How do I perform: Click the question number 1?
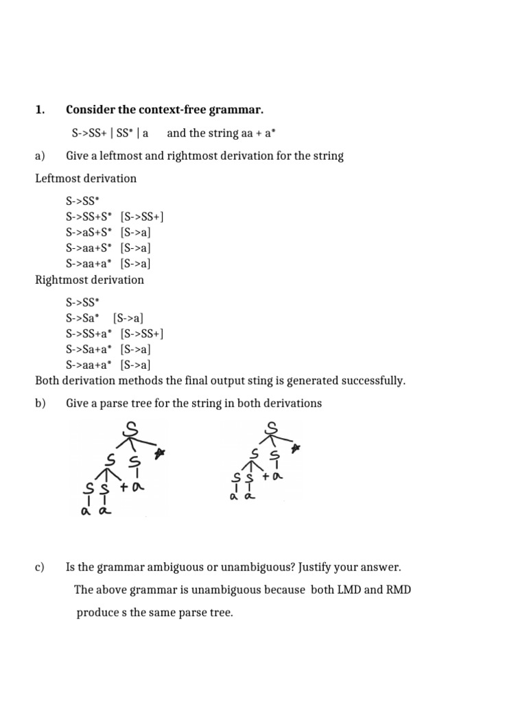[x=39, y=110]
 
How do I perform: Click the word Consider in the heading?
[x=90, y=110]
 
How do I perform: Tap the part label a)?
[x=40, y=156]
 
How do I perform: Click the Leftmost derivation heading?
[x=86, y=178]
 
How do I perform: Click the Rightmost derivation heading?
[x=89, y=280]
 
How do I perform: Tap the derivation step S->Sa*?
[x=83, y=318]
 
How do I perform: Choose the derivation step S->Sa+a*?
[x=90, y=349]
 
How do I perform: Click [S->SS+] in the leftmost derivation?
[x=142, y=217]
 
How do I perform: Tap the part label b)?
[x=40, y=403]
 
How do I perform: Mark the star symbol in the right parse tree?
[x=297, y=449]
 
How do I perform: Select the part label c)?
[x=40, y=567]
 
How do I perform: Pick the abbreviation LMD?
[x=350, y=590]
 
